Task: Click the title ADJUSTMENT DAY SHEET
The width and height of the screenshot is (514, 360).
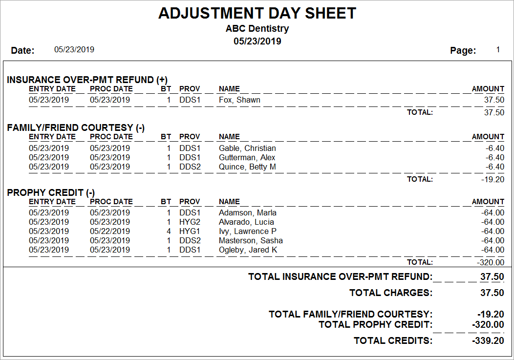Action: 257,13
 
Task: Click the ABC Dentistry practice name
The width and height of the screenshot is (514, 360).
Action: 257,29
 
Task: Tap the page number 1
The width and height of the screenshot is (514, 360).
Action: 498,49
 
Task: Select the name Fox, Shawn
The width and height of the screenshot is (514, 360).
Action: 239,100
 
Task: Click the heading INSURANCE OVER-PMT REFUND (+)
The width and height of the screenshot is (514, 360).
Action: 87,80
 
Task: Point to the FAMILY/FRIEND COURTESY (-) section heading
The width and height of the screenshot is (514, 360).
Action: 76,127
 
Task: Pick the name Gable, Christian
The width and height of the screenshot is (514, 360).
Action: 247,148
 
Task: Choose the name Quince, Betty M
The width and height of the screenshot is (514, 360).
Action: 247,167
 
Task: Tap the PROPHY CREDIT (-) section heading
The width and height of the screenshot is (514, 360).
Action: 51,192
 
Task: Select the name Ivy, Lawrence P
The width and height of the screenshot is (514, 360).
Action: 248,232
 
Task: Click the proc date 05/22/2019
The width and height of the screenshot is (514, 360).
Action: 110,232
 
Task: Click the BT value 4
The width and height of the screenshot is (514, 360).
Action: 169,232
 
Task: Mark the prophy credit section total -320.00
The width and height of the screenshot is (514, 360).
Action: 491,262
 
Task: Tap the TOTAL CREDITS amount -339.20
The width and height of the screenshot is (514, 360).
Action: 488,341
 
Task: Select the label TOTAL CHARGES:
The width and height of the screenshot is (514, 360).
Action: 391,293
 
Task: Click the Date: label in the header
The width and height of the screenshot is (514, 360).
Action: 22,50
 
